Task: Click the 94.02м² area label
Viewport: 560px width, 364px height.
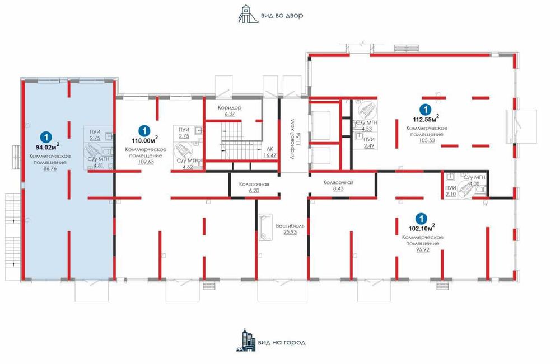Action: (x=47, y=146)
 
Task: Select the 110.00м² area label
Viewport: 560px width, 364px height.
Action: (x=144, y=140)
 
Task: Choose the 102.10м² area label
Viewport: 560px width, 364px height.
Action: (x=422, y=228)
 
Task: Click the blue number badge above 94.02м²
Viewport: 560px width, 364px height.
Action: (x=46, y=136)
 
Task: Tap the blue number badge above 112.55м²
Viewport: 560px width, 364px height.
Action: (x=425, y=109)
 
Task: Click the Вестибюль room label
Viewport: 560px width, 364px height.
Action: (x=290, y=226)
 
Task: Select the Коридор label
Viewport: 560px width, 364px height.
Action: (x=230, y=108)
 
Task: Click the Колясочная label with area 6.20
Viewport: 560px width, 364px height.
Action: (x=254, y=185)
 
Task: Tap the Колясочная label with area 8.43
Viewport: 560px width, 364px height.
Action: (x=338, y=182)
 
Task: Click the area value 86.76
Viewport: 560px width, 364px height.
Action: (x=50, y=169)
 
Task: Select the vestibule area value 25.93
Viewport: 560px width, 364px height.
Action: (x=290, y=232)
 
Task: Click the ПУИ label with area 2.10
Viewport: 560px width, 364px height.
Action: (x=451, y=188)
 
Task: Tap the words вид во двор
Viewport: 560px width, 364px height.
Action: (x=282, y=16)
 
